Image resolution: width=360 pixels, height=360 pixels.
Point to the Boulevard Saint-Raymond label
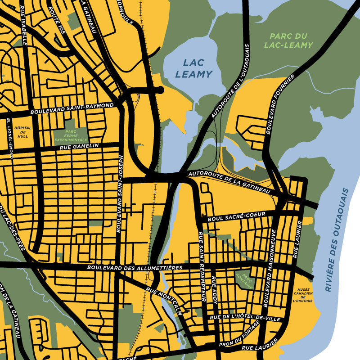72,108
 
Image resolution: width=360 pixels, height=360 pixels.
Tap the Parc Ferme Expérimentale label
70,136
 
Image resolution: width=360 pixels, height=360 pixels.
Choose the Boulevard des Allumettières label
135,268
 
